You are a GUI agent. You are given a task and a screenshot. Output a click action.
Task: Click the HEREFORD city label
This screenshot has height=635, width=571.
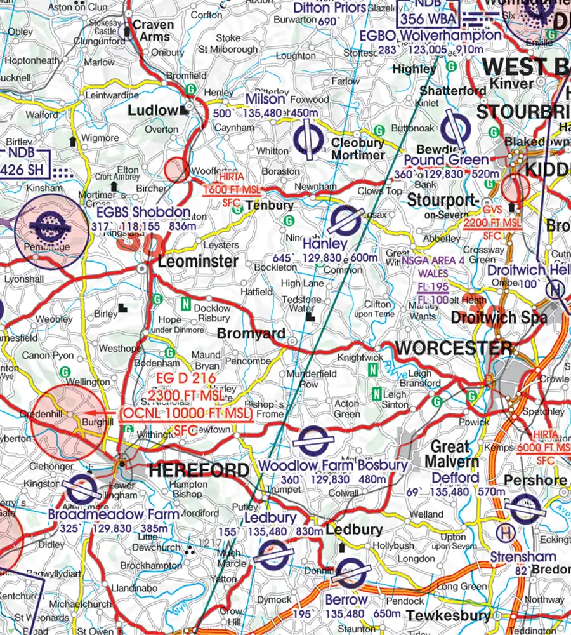click(199, 471)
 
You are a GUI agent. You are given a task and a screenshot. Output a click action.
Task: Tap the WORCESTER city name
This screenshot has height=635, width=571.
click(454, 349)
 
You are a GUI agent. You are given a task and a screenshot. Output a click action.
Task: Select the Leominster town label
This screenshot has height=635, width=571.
click(198, 261)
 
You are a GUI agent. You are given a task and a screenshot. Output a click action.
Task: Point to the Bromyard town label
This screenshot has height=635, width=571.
click(251, 334)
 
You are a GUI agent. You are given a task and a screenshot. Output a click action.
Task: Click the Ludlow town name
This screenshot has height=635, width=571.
click(153, 110)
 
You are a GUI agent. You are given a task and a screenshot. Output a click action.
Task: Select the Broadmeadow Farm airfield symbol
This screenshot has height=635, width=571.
click(82, 490)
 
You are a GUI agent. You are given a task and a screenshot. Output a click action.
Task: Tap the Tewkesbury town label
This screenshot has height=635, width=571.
click(449, 615)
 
